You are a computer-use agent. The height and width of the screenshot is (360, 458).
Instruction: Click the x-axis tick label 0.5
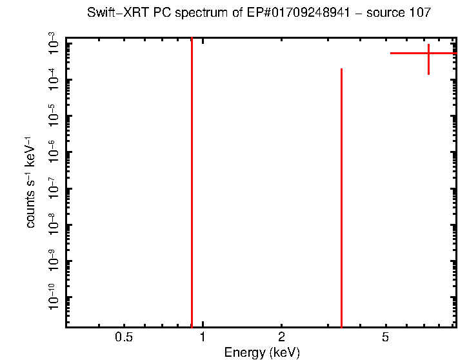click(x=123, y=337)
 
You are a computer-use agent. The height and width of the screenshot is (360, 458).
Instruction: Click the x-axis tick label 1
click(x=203, y=337)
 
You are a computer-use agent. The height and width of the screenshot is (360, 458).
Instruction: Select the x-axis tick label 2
click(x=281, y=337)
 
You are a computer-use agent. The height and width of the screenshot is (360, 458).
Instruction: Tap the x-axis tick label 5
click(x=385, y=337)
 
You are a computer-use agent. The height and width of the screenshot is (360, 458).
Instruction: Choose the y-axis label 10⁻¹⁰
click(x=54, y=299)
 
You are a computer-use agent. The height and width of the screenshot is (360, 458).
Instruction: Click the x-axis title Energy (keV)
click(x=262, y=352)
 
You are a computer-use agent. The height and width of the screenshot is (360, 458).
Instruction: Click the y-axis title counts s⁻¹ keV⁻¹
click(x=30, y=183)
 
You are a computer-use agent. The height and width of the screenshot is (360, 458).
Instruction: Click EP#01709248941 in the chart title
click(x=289, y=13)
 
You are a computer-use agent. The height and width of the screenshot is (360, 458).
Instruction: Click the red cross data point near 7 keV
click(x=428, y=53)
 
